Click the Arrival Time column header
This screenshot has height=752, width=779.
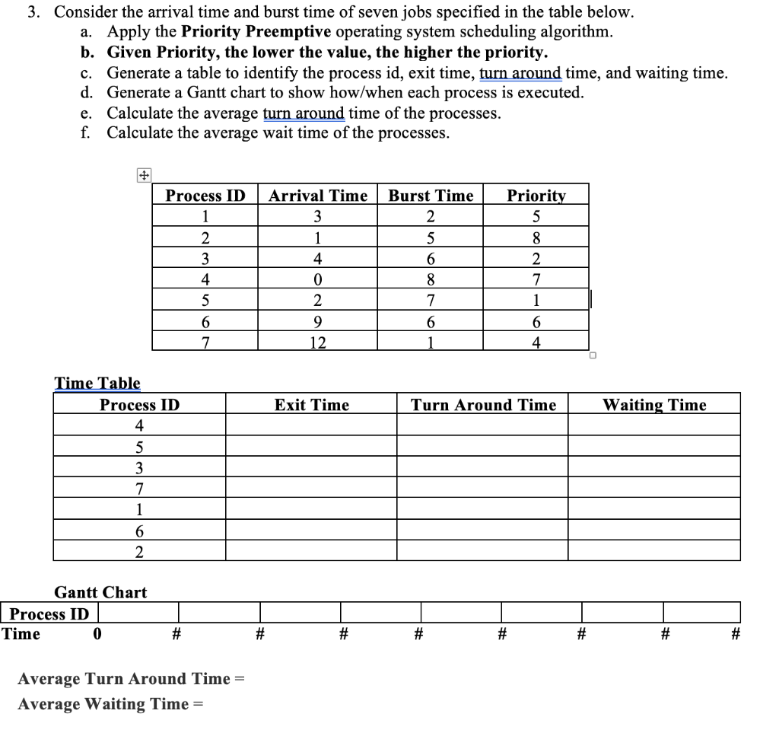coord(317,196)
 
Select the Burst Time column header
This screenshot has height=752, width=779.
coord(431,196)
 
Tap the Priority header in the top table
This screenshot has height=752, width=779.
coord(536,196)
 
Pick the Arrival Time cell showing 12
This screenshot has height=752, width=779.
coord(317,343)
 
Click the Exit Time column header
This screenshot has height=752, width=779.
coord(311,405)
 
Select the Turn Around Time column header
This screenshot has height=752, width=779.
coord(483,405)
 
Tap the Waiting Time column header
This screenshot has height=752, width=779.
coord(654,405)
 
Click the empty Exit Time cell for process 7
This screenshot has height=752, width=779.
coord(311,487)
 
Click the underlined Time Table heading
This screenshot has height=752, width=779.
coord(97,384)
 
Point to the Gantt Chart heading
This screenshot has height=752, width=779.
coord(100,592)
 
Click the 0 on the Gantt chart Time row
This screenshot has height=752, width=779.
coord(97,633)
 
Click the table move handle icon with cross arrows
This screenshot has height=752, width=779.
coord(141,175)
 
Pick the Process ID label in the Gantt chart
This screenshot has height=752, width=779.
coord(49,613)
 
